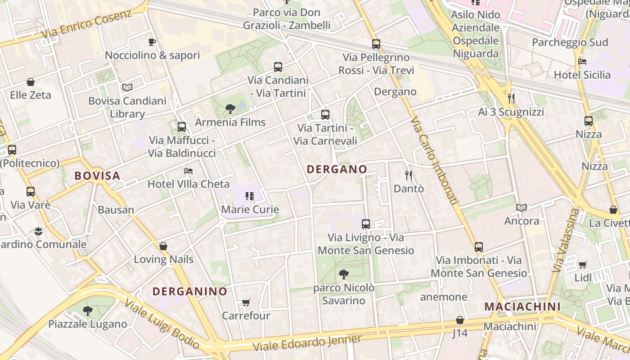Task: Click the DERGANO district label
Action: [x=337, y=169]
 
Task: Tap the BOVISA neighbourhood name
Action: [x=97, y=175]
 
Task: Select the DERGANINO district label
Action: [x=190, y=291]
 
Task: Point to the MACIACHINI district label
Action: [x=522, y=307]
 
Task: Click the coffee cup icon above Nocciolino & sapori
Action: [x=152, y=42]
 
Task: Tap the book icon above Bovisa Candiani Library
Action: [x=127, y=87]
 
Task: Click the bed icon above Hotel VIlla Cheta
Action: [x=189, y=171]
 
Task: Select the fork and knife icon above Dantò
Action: [x=409, y=175]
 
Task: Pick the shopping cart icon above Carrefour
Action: [x=246, y=302]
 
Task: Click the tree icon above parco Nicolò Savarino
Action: [x=344, y=274]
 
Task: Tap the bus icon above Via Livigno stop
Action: [x=366, y=224]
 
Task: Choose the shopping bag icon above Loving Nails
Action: [x=163, y=246]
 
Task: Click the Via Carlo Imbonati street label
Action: [x=434, y=162]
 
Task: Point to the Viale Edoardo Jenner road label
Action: [x=307, y=343]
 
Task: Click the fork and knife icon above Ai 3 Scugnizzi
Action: [x=511, y=98]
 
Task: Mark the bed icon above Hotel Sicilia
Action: [x=582, y=61]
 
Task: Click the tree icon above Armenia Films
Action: [x=230, y=108]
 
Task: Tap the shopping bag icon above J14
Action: [x=460, y=320]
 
